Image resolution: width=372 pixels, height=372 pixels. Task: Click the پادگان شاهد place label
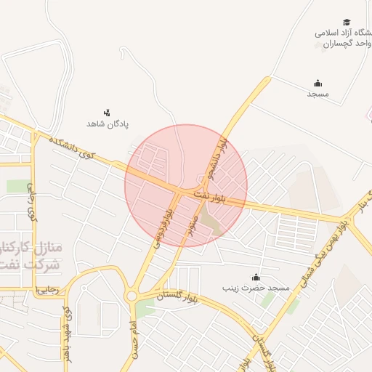pos(108,124)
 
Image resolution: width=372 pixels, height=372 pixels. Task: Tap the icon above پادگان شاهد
pos(107,112)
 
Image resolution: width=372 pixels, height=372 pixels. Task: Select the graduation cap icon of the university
pos(347,22)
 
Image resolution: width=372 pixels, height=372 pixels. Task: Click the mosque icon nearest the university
pos(317,83)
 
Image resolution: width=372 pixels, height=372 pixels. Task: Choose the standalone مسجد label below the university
pos(318,94)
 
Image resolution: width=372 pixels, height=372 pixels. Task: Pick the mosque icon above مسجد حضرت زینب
pos(256,277)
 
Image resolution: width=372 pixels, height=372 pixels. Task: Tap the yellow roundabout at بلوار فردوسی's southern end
pos(132,295)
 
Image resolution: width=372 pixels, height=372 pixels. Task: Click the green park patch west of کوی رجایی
pos(19,186)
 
